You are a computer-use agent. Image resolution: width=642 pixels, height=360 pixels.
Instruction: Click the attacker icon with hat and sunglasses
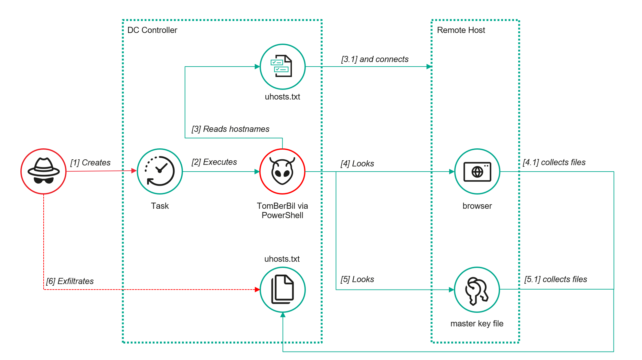click(x=44, y=171)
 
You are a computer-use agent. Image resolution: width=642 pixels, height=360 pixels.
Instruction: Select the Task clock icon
click(x=160, y=171)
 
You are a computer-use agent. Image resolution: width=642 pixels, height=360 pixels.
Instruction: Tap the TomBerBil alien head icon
click(x=282, y=171)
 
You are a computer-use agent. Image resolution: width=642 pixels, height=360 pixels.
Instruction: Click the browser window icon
click(x=477, y=171)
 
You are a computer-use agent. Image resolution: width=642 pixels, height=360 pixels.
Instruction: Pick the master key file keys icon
click(x=477, y=290)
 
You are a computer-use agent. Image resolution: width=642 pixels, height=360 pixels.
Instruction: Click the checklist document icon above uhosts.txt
click(x=282, y=66)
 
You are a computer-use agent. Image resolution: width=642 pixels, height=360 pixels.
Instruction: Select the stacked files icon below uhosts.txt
click(x=282, y=290)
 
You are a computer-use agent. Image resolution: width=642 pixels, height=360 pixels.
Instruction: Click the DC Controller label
click(x=152, y=30)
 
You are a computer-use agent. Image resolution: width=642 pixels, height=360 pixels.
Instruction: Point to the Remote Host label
click(x=461, y=30)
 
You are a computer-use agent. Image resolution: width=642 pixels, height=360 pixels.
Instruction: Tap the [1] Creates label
click(x=91, y=163)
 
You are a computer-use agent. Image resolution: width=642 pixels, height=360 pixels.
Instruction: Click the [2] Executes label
click(x=214, y=162)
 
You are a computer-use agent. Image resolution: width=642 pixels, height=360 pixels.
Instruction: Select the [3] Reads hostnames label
click(x=230, y=129)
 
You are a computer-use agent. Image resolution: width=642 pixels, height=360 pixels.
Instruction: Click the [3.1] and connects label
click(x=375, y=59)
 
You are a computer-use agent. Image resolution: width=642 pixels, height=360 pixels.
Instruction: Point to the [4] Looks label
click(x=357, y=164)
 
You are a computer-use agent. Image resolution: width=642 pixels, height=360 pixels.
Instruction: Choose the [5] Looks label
click(x=357, y=279)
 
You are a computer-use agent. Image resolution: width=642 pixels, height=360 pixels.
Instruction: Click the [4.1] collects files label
click(x=554, y=162)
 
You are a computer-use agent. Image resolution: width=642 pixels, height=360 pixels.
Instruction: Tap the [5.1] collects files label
click(x=556, y=279)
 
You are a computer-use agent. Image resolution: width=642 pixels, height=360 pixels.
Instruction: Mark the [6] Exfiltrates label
click(x=70, y=281)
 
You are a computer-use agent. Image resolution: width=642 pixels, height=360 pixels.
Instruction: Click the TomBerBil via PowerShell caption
click(x=282, y=210)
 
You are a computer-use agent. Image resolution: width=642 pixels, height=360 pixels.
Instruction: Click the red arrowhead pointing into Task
click(x=134, y=171)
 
